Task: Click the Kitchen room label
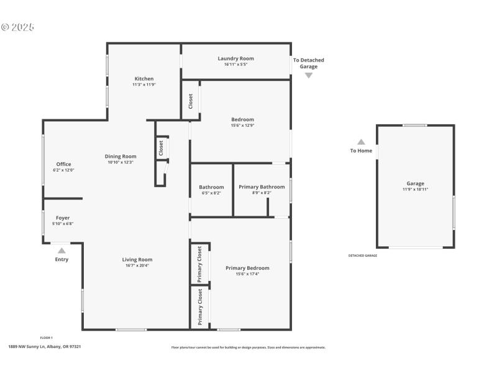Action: click(x=144, y=79)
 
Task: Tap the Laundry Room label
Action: click(x=235, y=58)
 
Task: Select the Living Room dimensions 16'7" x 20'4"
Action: click(x=137, y=265)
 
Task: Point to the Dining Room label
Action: click(x=120, y=157)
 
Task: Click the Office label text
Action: click(x=63, y=164)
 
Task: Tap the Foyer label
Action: click(x=63, y=218)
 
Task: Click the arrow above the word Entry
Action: click(x=62, y=250)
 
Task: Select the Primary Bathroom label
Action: click(x=262, y=187)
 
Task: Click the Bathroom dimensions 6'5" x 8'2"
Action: click(x=211, y=193)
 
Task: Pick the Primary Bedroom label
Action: click(x=247, y=268)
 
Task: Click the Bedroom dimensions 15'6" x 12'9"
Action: click(x=242, y=126)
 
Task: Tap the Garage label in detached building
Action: click(x=415, y=183)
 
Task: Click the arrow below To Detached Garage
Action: click(x=309, y=75)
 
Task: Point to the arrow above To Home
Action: click(x=361, y=142)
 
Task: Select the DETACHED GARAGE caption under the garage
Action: click(x=362, y=256)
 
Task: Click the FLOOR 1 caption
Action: click(x=47, y=338)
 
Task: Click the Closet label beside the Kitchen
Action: click(x=191, y=101)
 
